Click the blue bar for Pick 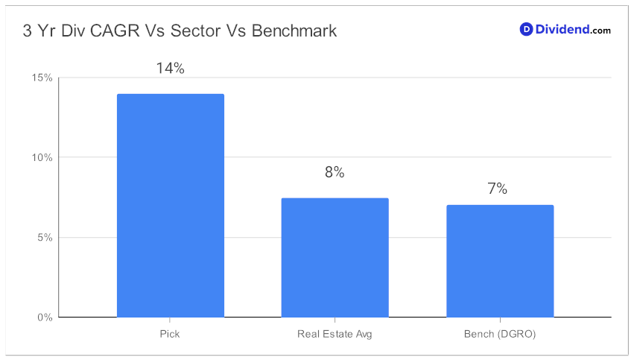click(x=170, y=206)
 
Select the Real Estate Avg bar click(x=335, y=258)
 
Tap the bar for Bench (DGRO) click(x=500, y=261)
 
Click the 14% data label click(x=170, y=68)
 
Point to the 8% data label click(x=335, y=172)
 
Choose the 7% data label click(x=498, y=189)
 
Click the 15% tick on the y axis click(x=42, y=78)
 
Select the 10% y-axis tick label click(x=42, y=157)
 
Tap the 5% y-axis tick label click(x=45, y=238)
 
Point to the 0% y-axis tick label click(x=45, y=318)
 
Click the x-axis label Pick click(x=170, y=334)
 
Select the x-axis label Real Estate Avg click(x=335, y=335)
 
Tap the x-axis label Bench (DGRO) click(x=500, y=335)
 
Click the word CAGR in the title click(x=115, y=31)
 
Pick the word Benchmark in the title click(x=294, y=31)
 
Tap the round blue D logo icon click(x=526, y=29)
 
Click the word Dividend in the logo click(x=562, y=29)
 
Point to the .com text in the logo click(x=600, y=31)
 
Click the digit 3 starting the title click(x=27, y=31)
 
